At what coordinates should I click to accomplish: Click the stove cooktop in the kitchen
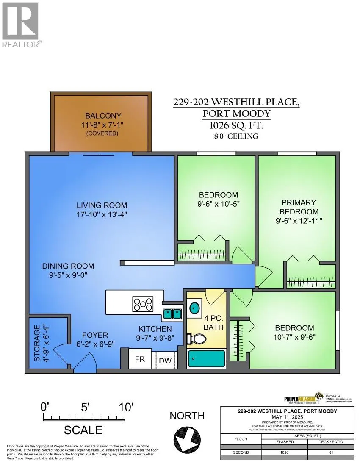[143, 304]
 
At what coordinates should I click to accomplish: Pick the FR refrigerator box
[140, 359]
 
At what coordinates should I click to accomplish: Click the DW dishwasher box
[165, 361]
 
